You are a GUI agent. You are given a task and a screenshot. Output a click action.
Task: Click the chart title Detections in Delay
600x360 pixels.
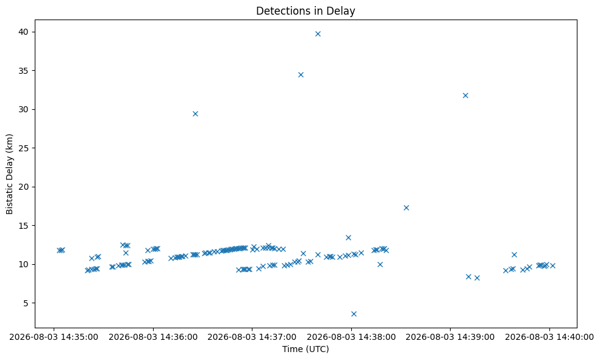tap(305, 11)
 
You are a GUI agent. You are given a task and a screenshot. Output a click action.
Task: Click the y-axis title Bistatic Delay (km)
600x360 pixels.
tap(10, 174)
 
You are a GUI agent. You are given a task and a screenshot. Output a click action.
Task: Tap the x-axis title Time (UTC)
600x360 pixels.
tap(305, 349)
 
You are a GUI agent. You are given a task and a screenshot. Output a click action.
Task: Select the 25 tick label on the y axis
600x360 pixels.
tap(23, 148)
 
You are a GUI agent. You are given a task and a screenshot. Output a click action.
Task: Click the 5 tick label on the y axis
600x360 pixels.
tap(26, 303)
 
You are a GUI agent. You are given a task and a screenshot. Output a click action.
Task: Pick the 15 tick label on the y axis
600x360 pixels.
tap(23, 226)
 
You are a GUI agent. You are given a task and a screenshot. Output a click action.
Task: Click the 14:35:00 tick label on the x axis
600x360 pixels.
tap(54, 337)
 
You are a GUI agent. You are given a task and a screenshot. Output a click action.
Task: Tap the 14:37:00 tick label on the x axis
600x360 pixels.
tap(252, 337)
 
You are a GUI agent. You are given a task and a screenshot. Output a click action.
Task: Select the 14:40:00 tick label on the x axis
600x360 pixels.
tap(549, 337)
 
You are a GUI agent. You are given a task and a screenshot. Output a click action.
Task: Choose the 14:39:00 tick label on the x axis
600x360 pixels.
tap(450, 337)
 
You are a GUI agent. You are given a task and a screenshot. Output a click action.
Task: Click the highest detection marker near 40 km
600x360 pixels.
tap(318, 34)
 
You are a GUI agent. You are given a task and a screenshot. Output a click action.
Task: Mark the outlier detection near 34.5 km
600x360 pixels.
tap(301, 74)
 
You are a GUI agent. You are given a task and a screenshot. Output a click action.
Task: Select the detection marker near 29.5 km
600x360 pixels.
tap(195, 113)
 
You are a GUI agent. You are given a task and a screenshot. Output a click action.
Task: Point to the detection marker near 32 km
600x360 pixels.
tap(465, 95)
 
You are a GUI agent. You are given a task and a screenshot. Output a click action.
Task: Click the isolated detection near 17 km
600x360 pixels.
tap(406, 207)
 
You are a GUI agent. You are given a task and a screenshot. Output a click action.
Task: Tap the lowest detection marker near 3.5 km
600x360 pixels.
tap(354, 314)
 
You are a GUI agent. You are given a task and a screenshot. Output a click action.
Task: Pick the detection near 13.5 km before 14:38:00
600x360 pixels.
tap(348, 237)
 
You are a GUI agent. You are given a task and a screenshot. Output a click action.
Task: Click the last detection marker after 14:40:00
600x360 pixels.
tap(552, 265)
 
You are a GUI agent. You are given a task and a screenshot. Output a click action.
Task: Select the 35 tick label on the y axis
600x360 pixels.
tap(23, 71)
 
